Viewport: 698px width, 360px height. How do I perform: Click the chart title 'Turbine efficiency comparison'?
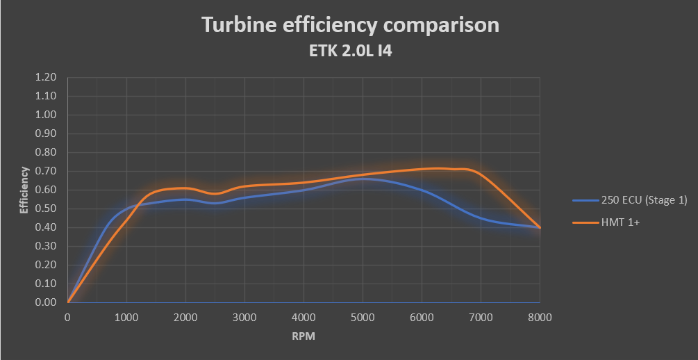(350, 25)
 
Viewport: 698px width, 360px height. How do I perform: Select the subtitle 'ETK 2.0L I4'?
(349, 51)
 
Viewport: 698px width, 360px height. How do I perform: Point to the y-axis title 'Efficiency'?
(24, 190)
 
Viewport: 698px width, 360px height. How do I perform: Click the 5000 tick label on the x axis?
(363, 318)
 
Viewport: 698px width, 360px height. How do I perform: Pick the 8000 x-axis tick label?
(540, 318)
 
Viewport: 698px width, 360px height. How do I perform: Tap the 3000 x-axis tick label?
(245, 318)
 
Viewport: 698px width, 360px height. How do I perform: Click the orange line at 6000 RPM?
(422, 169)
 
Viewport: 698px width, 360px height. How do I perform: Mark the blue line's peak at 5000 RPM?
(363, 179)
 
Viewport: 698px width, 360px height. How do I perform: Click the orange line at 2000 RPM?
(186, 188)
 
